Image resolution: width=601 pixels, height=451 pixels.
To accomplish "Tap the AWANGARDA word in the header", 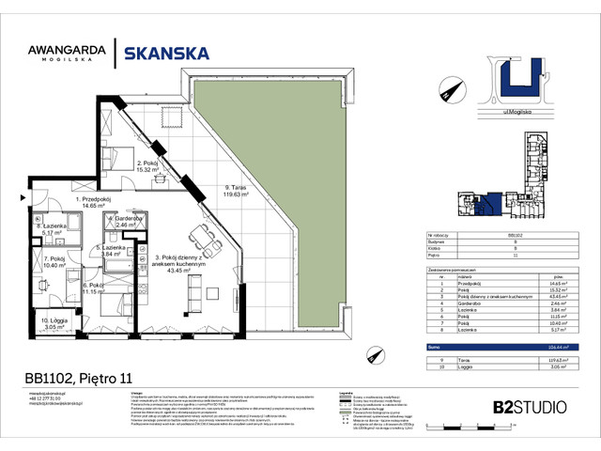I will pos(64,49).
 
